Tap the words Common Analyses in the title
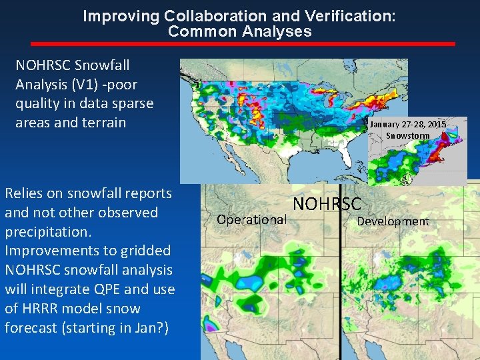(239, 31)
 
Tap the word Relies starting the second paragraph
(23, 193)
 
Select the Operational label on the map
(252, 219)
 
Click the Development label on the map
(393, 221)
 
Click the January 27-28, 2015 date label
(408, 125)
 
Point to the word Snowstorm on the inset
(408, 136)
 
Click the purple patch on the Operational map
(213, 327)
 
